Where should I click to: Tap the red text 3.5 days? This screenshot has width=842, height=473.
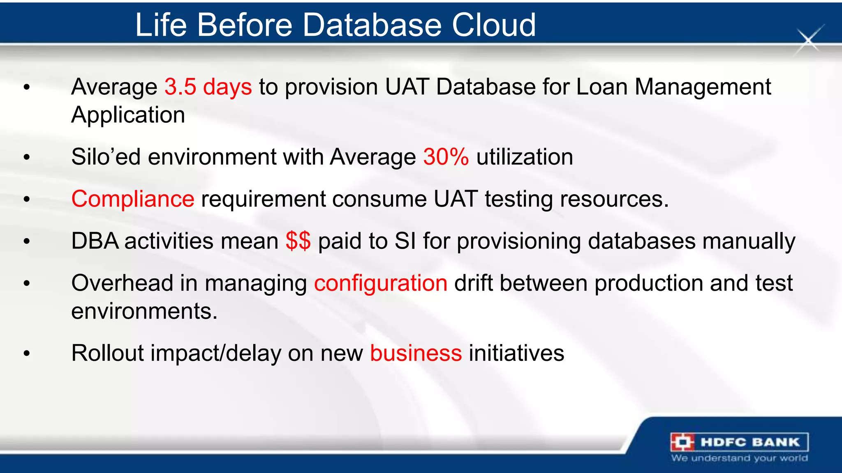pyautogui.click(x=208, y=87)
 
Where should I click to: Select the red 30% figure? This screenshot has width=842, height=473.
pyautogui.click(x=446, y=157)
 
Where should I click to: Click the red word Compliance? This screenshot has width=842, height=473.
pyautogui.click(x=133, y=199)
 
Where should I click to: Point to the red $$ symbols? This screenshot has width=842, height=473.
pyautogui.click(x=298, y=241)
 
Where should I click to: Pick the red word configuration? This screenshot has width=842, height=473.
pyautogui.click(x=381, y=283)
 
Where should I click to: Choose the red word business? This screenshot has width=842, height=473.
pyautogui.click(x=416, y=353)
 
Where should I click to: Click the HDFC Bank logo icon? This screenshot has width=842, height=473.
pyautogui.click(x=682, y=442)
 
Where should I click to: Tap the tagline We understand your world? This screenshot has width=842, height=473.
pyautogui.click(x=739, y=458)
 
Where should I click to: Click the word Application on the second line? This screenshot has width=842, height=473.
pyautogui.click(x=128, y=115)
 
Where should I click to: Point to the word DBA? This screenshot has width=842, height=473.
pyautogui.click(x=95, y=241)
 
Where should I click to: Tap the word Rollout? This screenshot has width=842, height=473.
pyautogui.click(x=107, y=353)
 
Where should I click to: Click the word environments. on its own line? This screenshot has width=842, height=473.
pyautogui.click(x=144, y=311)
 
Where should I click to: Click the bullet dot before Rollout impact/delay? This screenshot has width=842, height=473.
pyautogui.click(x=27, y=354)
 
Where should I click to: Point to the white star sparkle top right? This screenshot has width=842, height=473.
pyautogui.click(x=809, y=40)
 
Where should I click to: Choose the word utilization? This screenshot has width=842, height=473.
pyautogui.click(x=525, y=157)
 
